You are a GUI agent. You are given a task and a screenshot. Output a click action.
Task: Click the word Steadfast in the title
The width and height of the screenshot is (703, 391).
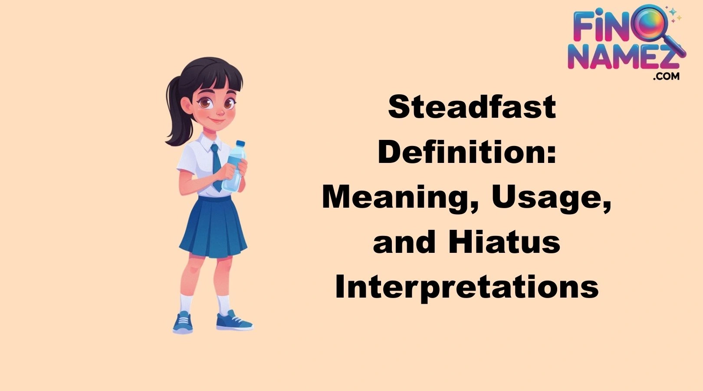[472, 107]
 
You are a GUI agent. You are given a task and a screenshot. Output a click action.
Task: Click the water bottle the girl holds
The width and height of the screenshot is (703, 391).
[233, 167]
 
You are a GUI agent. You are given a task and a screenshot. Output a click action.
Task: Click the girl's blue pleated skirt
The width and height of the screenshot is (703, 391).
[213, 228]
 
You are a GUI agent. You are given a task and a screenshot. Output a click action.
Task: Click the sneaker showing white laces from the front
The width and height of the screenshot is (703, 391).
[183, 323]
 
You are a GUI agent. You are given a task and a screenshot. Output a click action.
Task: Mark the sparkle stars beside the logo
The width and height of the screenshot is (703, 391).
[675, 15]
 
